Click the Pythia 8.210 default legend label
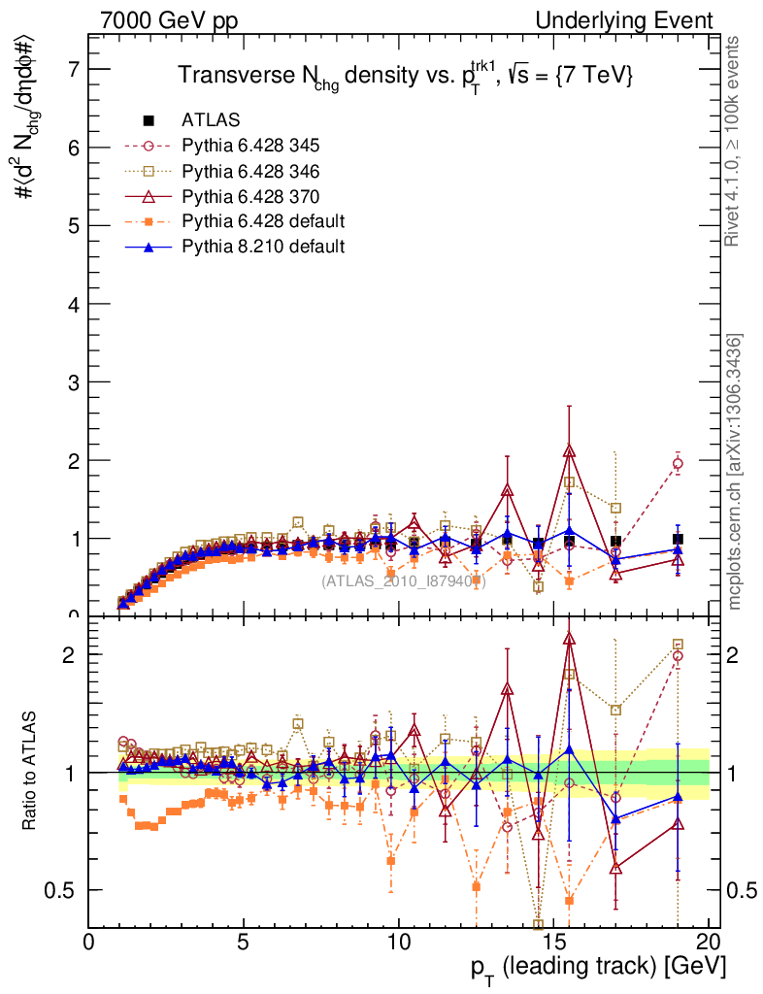(x=263, y=247)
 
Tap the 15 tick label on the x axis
(x=552, y=942)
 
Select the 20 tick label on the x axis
(x=708, y=942)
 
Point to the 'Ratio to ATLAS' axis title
(x=30, y=772)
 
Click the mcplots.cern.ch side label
(x=736, y=472)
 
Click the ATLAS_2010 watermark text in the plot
(x=403, y=581)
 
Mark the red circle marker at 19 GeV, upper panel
(x=678, y=464)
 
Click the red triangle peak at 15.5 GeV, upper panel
(x=569, y=450)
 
